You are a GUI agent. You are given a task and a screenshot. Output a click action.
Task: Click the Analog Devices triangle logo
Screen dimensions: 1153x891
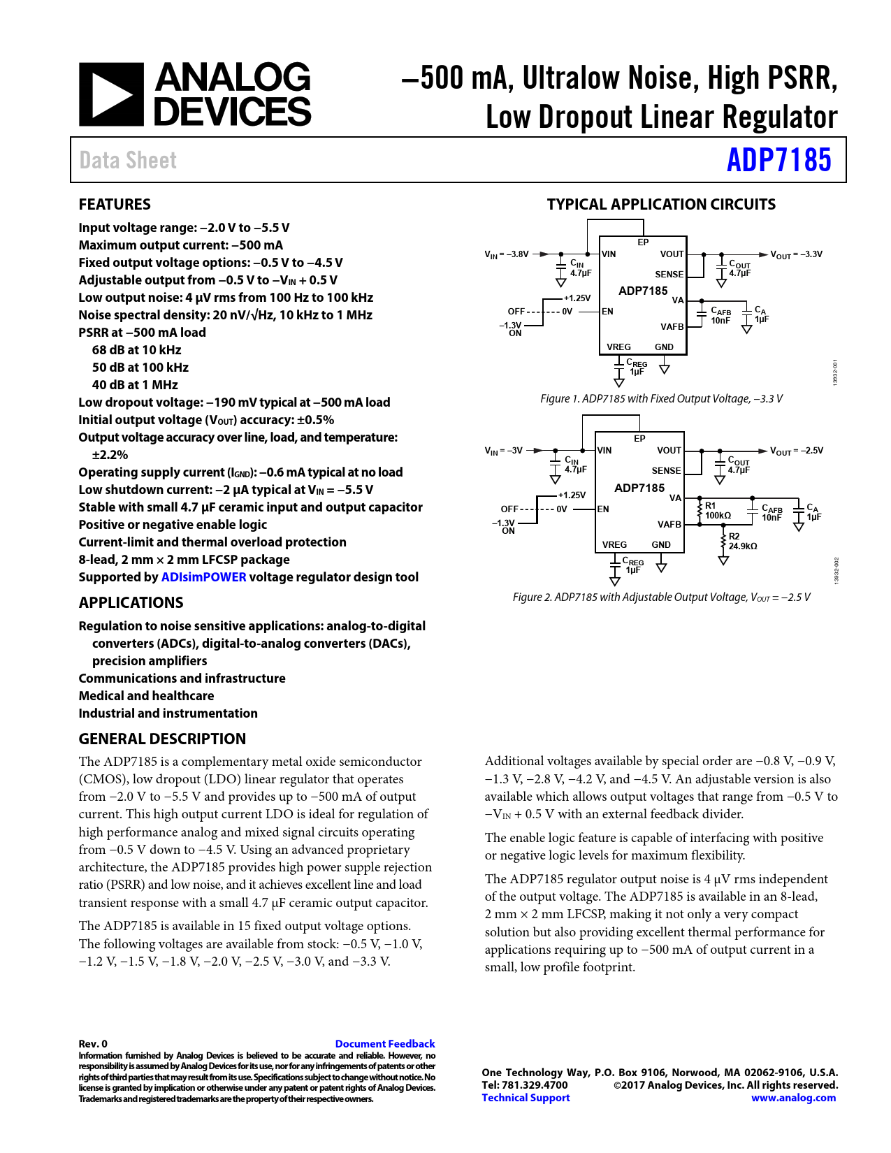[111, 94]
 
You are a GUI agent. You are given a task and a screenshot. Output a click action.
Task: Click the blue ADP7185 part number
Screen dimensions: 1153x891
[778, 160]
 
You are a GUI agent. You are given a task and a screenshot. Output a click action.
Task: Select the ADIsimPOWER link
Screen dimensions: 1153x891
[203, 577]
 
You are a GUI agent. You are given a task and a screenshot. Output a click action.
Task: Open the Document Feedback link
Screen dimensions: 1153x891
[384, 1043]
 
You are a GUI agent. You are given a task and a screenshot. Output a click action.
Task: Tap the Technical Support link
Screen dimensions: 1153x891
[526, 1098]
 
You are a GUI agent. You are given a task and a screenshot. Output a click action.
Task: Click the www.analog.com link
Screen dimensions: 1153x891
[793, 1098]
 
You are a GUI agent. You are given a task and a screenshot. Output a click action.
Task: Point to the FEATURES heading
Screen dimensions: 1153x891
[115, 204]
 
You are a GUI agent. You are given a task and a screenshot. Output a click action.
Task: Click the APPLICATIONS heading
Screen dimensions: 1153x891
[131, 602]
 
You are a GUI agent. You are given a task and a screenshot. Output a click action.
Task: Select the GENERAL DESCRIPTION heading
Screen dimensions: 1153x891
[162, 739]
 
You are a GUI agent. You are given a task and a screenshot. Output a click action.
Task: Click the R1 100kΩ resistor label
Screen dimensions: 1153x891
[717, 511]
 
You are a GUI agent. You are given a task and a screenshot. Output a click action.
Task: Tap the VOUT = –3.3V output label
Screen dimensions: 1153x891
[796, 254]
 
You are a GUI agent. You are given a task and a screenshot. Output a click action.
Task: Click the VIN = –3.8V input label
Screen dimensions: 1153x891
[507, 254]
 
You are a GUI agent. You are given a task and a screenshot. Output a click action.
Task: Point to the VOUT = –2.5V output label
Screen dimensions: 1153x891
[796, 451]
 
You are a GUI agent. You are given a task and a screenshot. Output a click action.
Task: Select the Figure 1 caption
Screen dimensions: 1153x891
[661, 398]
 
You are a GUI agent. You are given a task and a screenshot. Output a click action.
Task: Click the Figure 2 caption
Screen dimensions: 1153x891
[661, 597]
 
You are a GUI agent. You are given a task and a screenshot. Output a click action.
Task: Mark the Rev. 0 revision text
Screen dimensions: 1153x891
[93, 1043]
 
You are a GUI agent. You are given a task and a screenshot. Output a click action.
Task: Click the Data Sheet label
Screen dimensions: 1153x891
[128, 160]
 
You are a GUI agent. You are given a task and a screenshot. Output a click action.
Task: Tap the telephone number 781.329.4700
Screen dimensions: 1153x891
[535, 1085]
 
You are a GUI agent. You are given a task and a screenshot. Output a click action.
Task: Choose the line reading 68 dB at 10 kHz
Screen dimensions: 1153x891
[136, 350]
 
